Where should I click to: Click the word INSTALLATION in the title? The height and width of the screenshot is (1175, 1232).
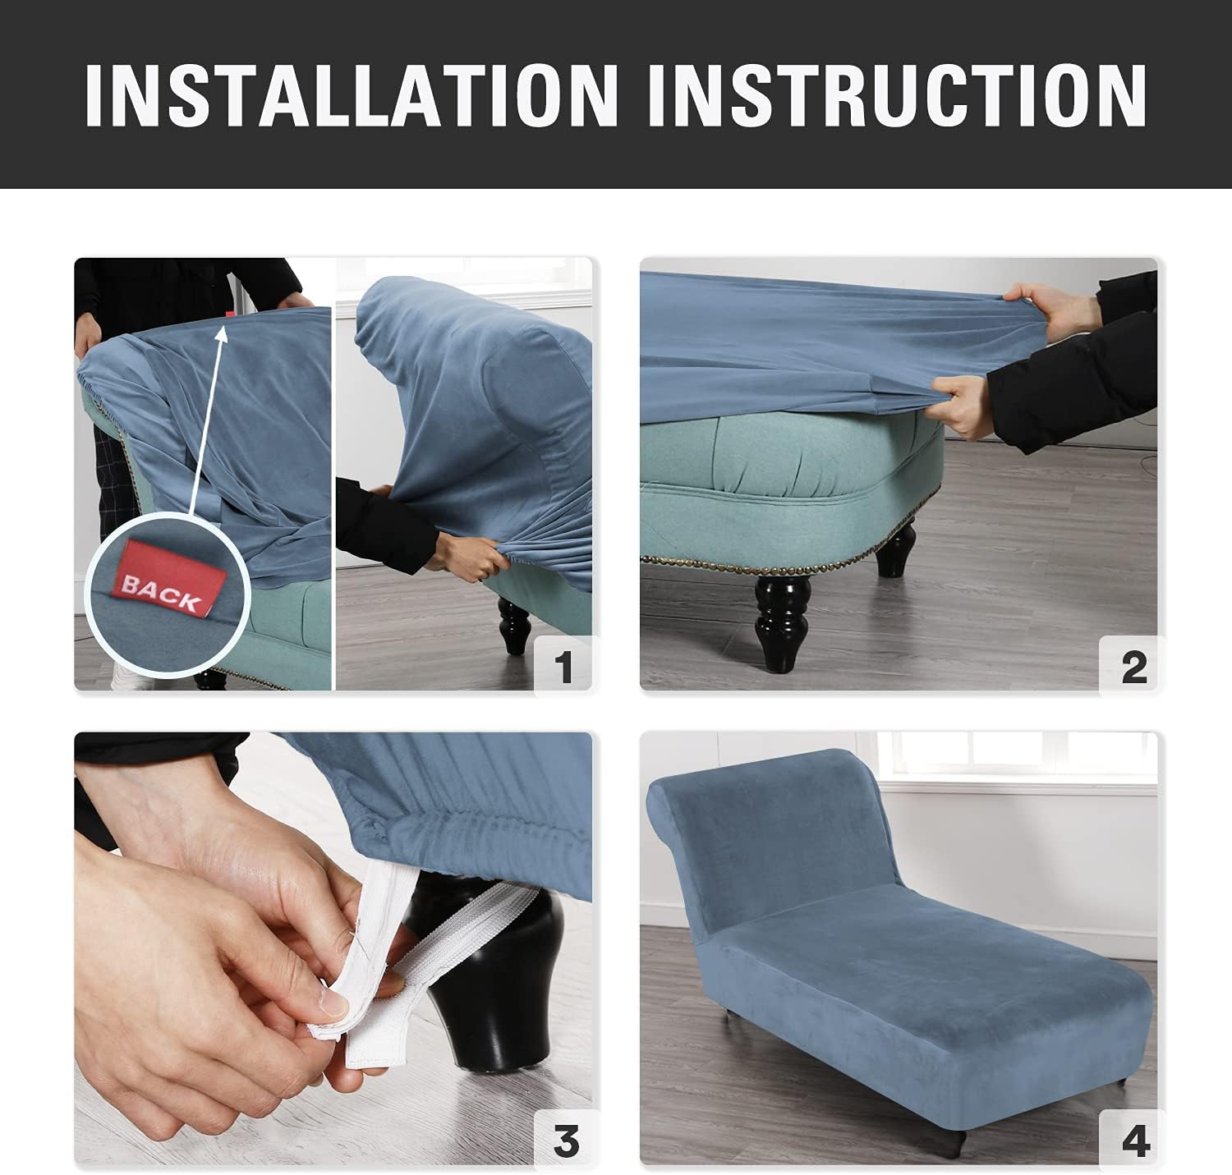pyautogui.click(x=352, y=95)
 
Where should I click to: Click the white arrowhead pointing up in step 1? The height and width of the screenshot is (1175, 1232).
pyautogui.click(x=221, y=333)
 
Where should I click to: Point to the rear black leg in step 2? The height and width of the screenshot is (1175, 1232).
pyautogui.click(x=895, y=552)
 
